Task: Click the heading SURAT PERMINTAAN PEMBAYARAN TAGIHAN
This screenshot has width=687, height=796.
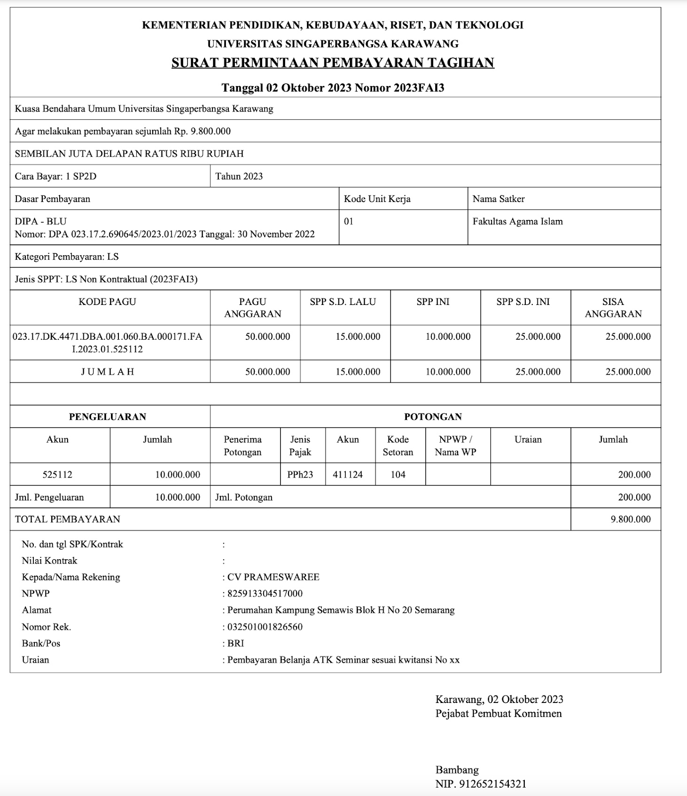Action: pyautogui.click(x=333, y=63)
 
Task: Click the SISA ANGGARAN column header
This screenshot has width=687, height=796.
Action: pyautogui.click(x=613, y=307)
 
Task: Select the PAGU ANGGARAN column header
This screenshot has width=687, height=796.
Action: pyautogui.click(x=253, y=307)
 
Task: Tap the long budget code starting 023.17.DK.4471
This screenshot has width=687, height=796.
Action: pyautogui.click(x=107, y=343)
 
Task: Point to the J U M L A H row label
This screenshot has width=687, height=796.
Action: pyautogui.click(x=107, y=372)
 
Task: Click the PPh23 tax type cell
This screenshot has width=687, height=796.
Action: pyautogui.click(x=300, y=475)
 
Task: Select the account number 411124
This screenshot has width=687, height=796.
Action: pyautogui.click(x=348, y=475)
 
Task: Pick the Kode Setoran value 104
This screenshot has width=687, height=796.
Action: pyautogui.click(x=398, y=475)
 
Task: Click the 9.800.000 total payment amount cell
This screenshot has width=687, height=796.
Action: pyautogui.click(x=630, y=519)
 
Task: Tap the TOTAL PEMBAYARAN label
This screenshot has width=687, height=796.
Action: pyautogui.click(x=68, y=519)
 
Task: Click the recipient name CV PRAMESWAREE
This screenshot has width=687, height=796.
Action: pyautogui.click(x=273, y=577)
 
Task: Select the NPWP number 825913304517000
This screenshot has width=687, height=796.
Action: pyautogui.click(x=265, y=594)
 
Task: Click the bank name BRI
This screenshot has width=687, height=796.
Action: pyautogui.click(x=236, y=643)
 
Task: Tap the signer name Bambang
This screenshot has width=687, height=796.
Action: pyautogui.click(x=457, y=770)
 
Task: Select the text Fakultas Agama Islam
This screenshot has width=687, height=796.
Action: pyautogui.click(x=517, y=221)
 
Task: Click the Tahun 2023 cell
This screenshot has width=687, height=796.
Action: pyautogui.click(x=239, y=176)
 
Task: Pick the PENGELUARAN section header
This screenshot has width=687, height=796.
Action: pyautogui.click(x=107, y=417)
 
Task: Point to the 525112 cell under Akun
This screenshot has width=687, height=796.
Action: pyautogui.click(x=57, y=475)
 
